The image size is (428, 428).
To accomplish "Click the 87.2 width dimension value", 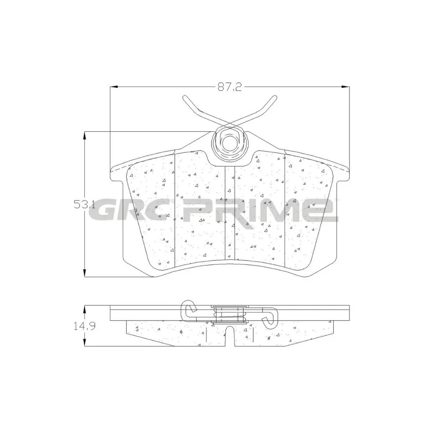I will [x=229, y=87].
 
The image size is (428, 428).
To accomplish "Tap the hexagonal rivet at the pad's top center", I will [x=228, y=143].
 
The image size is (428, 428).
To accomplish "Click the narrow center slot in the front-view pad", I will [x=230, y=213].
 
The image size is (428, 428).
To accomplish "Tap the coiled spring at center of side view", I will [x=229, y=314].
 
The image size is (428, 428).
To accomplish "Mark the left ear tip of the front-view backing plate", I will [x=111, y=171].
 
